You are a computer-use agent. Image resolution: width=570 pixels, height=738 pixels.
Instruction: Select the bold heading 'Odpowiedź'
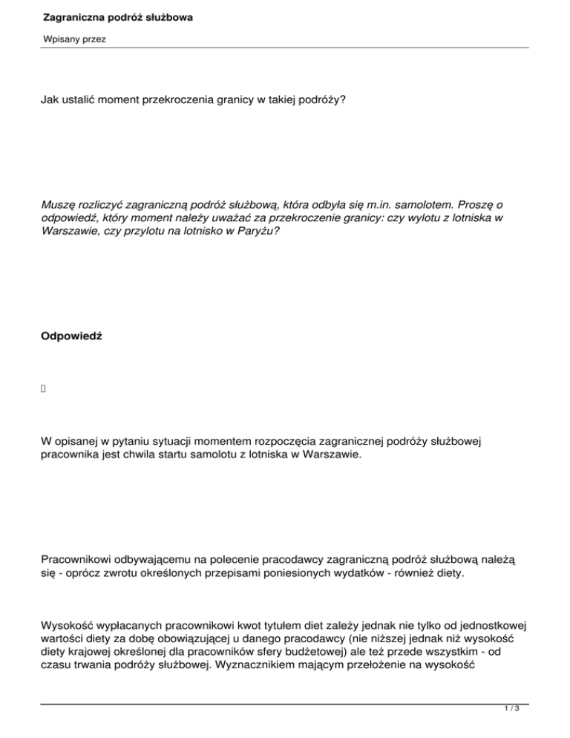pyautogui.click(x=71, y=336)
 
